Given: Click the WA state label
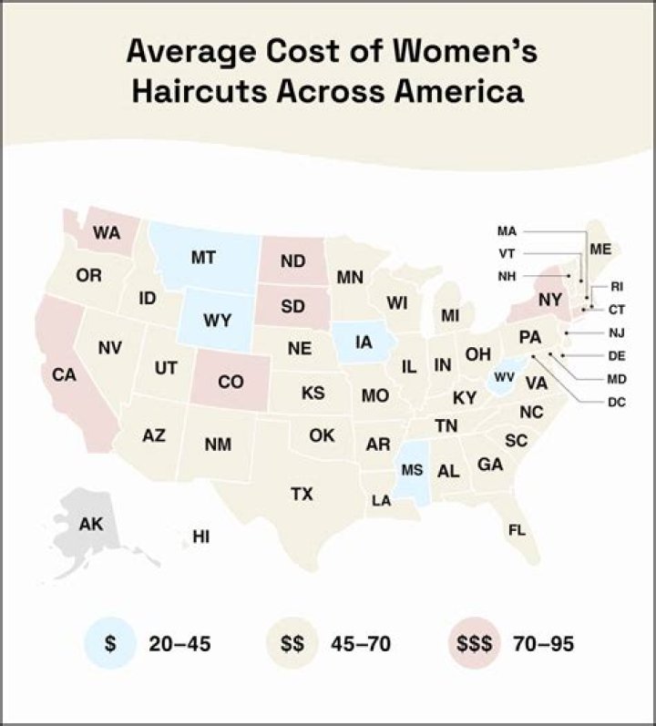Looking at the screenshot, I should [107, 233].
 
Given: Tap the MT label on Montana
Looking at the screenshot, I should [203, 258].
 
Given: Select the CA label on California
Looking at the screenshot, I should [64, 374].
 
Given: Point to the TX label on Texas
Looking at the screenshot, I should [302, 494].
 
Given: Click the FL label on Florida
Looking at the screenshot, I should [517, 529].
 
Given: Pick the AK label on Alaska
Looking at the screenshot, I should [91, 524].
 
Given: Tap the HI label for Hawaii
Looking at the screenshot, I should [200, 537].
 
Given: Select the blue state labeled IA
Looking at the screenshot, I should [364, 343].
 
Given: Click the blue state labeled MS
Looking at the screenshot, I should [412, 470].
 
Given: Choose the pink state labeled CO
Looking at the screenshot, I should [231, 383].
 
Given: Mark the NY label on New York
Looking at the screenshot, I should [549, 299].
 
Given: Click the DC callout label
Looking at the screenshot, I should [616, 401].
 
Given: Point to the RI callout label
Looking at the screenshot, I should [617, 285].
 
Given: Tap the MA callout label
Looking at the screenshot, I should [507, 230].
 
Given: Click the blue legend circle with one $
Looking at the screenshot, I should [109, 644].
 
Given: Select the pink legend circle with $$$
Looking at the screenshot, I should [474, 644].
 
